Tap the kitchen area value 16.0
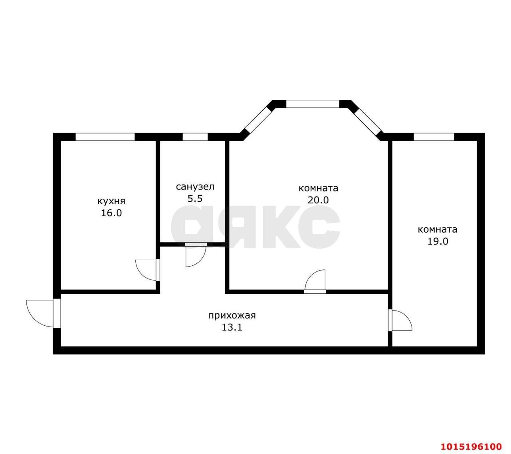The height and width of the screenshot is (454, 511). click(111, 213)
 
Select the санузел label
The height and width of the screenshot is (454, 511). click(195, 187)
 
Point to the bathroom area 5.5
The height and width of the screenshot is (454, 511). click(195, 199)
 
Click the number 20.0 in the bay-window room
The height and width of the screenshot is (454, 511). click(318, 200)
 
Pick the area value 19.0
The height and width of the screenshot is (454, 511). click(438, 241)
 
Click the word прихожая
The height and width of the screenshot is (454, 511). click(232, 316)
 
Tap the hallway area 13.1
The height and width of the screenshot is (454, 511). click(232, 328)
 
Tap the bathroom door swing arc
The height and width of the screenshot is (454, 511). click(196, 256)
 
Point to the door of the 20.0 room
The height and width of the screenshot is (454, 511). click(315, 281)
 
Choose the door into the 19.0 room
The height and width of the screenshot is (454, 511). click(401, 320)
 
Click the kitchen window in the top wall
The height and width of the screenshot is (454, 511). click(105, 137)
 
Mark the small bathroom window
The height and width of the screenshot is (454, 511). click(195, 137)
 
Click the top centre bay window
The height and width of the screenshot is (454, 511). click(313, 104)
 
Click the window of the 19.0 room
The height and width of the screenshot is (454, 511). click(434, 137)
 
